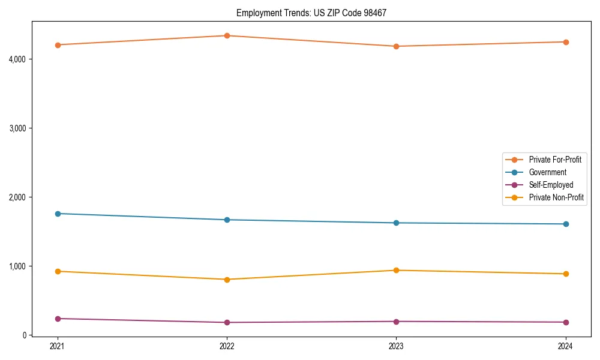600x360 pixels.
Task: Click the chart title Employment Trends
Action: (311, 13)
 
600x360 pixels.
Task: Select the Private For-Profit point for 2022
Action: (227, 35)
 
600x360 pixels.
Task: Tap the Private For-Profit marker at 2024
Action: (565, 42)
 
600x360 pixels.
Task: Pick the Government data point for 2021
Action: (58, 214)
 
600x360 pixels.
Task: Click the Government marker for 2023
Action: (396, 223)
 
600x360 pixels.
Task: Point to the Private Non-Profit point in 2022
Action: (227, 280)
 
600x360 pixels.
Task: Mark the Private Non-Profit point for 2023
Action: (396, 270)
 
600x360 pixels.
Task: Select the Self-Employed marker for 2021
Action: (58, 319)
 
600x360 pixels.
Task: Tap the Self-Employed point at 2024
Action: (565, 322)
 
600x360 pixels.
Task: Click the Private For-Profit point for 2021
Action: (58, 45)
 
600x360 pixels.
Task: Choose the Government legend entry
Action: (547, 172)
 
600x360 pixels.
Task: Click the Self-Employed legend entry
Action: (551, 185)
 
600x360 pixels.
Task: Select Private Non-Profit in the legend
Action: (556, 197)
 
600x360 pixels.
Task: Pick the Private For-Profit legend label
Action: (555, 160)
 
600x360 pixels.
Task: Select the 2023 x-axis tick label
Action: (396, 346)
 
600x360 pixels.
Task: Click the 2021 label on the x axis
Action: (58, 346)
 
